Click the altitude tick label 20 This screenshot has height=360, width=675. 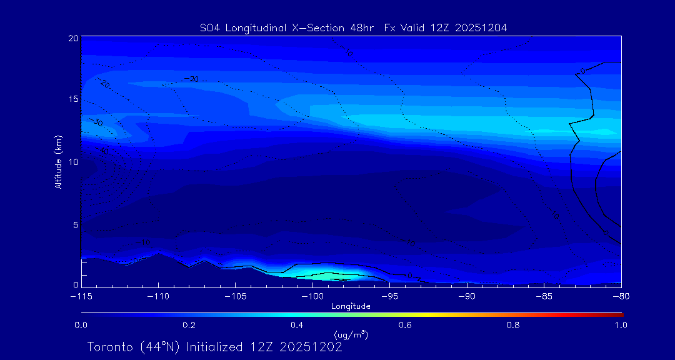pos(72,38)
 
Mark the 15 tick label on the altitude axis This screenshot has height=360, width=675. pos(72,99)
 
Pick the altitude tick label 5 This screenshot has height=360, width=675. pos(75,224)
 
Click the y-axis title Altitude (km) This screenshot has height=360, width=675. pos(58,162)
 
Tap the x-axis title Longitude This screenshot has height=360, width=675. pos(351,306)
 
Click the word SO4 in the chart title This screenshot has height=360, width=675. pos(209,27)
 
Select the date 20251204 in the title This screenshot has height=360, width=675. pos(481,27)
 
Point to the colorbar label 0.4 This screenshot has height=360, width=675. pos(297,325)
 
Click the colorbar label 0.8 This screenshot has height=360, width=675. pos(513,325)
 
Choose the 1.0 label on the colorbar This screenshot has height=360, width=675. pos(621,325)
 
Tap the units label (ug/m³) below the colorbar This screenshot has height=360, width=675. pos(351,335)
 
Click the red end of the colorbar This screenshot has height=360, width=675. pos(619,314)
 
